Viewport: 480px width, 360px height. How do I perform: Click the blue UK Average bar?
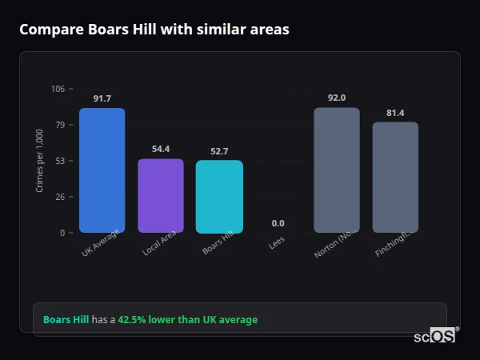point(102,170)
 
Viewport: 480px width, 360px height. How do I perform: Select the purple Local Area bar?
point(161,196)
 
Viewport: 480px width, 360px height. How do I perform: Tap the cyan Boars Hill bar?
point(219,197)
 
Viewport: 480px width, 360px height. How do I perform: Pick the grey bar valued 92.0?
point(336,170)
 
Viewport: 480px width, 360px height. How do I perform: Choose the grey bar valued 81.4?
point(395,178)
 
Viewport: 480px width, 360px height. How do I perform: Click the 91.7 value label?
point(102,98)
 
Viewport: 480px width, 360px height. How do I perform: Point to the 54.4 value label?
point(161,149)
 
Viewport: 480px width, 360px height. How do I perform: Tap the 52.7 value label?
point(219,151)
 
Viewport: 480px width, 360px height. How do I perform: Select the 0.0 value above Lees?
point(278,223)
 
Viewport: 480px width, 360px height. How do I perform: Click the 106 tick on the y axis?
point(58,89)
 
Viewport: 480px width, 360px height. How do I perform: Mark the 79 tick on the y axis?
point(61,125)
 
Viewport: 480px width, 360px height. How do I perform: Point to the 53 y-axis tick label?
point(61,161)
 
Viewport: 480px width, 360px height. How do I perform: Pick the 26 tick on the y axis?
point(61,197)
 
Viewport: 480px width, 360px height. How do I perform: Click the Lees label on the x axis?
point(277,242)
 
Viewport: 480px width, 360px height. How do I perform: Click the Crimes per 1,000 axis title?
point(40,160)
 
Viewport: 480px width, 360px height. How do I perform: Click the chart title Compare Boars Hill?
point(154,30)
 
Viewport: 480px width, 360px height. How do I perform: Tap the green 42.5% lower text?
point(187,320)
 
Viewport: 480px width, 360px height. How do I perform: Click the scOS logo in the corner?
point(434,336)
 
